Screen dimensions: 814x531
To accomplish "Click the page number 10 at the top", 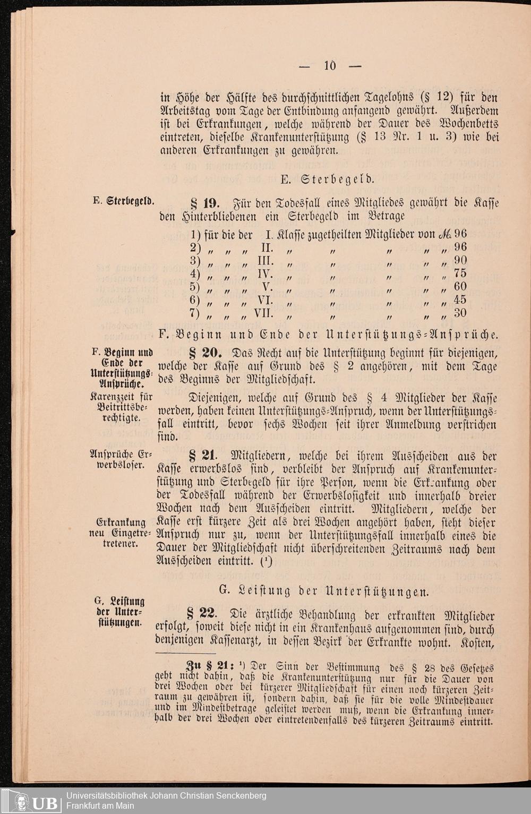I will (330, 66).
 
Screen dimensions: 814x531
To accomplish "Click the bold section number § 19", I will (204, 203).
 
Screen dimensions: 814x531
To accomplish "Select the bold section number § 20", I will (204, 353).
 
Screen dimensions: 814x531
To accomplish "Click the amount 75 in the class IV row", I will (460, 273).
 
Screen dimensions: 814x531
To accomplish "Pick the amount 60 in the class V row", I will (460, 286).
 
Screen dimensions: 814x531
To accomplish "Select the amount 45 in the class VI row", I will (460, 299).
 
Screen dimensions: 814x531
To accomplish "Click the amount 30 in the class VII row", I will (460, 313).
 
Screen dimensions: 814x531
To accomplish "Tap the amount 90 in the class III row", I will (460, 260).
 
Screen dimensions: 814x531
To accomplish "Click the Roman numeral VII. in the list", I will (264, 313).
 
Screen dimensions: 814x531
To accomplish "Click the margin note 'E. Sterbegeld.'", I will (124, 201).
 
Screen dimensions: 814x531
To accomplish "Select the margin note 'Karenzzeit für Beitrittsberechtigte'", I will (121, 407).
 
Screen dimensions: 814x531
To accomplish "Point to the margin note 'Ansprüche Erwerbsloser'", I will (121, 460).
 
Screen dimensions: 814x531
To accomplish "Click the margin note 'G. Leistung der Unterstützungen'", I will (120, 612).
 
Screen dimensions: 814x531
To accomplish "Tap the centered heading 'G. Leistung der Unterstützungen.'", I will (323, 590).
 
